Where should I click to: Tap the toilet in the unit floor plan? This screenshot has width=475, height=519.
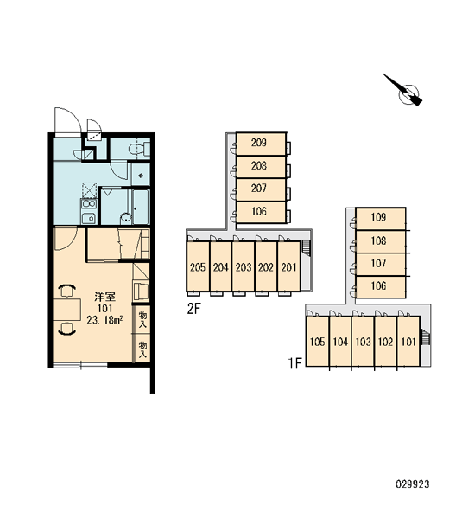tap(139, 149)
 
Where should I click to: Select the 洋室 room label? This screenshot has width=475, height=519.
tap(104, 296)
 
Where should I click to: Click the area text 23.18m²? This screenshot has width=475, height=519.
tap(105, 320)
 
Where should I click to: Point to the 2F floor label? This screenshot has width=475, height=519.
tap(194, 309)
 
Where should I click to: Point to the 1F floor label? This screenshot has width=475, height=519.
tap(294, 363)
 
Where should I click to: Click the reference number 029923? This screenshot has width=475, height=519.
tap(413, 484)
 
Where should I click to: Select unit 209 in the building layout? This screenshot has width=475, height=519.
tap(261, 144)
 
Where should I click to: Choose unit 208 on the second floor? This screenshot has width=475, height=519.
tap(261, 167)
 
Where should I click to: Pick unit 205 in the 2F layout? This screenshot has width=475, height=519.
tap(198, 266)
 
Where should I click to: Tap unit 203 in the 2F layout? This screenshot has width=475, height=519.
tap(244, 266)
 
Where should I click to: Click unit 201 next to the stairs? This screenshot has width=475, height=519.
tap(289, 266)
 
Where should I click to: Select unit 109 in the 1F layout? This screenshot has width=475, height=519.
tap(381, 219)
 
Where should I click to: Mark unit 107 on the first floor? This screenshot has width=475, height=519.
tap(381, 264)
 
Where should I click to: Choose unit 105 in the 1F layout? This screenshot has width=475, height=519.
tap(317, 342)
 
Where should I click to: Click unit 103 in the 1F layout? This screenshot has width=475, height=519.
tap(363, 342)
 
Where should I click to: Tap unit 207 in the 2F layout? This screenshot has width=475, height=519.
tap(261, 189)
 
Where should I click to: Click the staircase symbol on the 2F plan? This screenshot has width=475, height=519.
tap(307, 248)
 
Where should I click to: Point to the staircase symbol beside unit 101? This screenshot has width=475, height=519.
tap(427, 337)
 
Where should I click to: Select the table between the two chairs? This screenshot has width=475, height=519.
tap(67, 309)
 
